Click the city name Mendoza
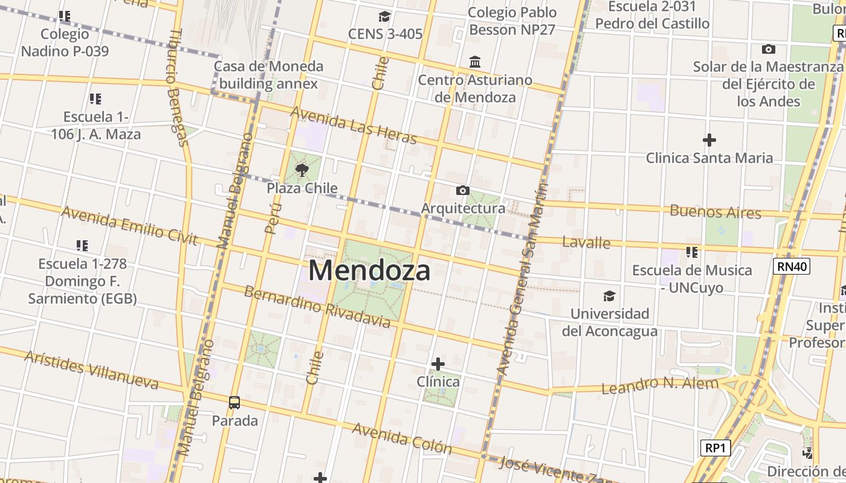pyautogui.click(x=369, y=270)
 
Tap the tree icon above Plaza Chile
pyautogui.click(x=302, y=170)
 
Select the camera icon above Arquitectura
pyautogui.click(x=462, y=191)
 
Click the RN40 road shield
pyautogui.click(x=791, y=266)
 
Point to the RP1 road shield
pyautogui.click(x=715, y=448)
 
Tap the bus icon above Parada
pyautogui.click(x=234, y=402)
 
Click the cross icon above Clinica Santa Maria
pyautogui.click(x=709, y=141)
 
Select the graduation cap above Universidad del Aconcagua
pyautogui.click(x=609, y=296)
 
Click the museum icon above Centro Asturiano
pyautogui.click(x=475, y=62)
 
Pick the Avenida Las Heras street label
pyautogui.click(x=354, y=126)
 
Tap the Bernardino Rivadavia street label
pyautogui.click(x=317, y=307)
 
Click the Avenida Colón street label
pyautogui.click(x=402, y=438)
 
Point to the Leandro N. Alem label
pyautogui.click(x=660, y=385)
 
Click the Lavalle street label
pyautogui.click(x=586, y=243)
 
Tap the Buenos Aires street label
pyautogui.click(x=715, y=212)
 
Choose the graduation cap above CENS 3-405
pyautogui.click(x=384, y=16)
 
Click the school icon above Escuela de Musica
pyautogui.click(x=692, y=252)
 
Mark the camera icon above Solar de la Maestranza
pyautogui.click(x=769, y=49)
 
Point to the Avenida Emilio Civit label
pyautogui.click(x=129, y=226)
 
